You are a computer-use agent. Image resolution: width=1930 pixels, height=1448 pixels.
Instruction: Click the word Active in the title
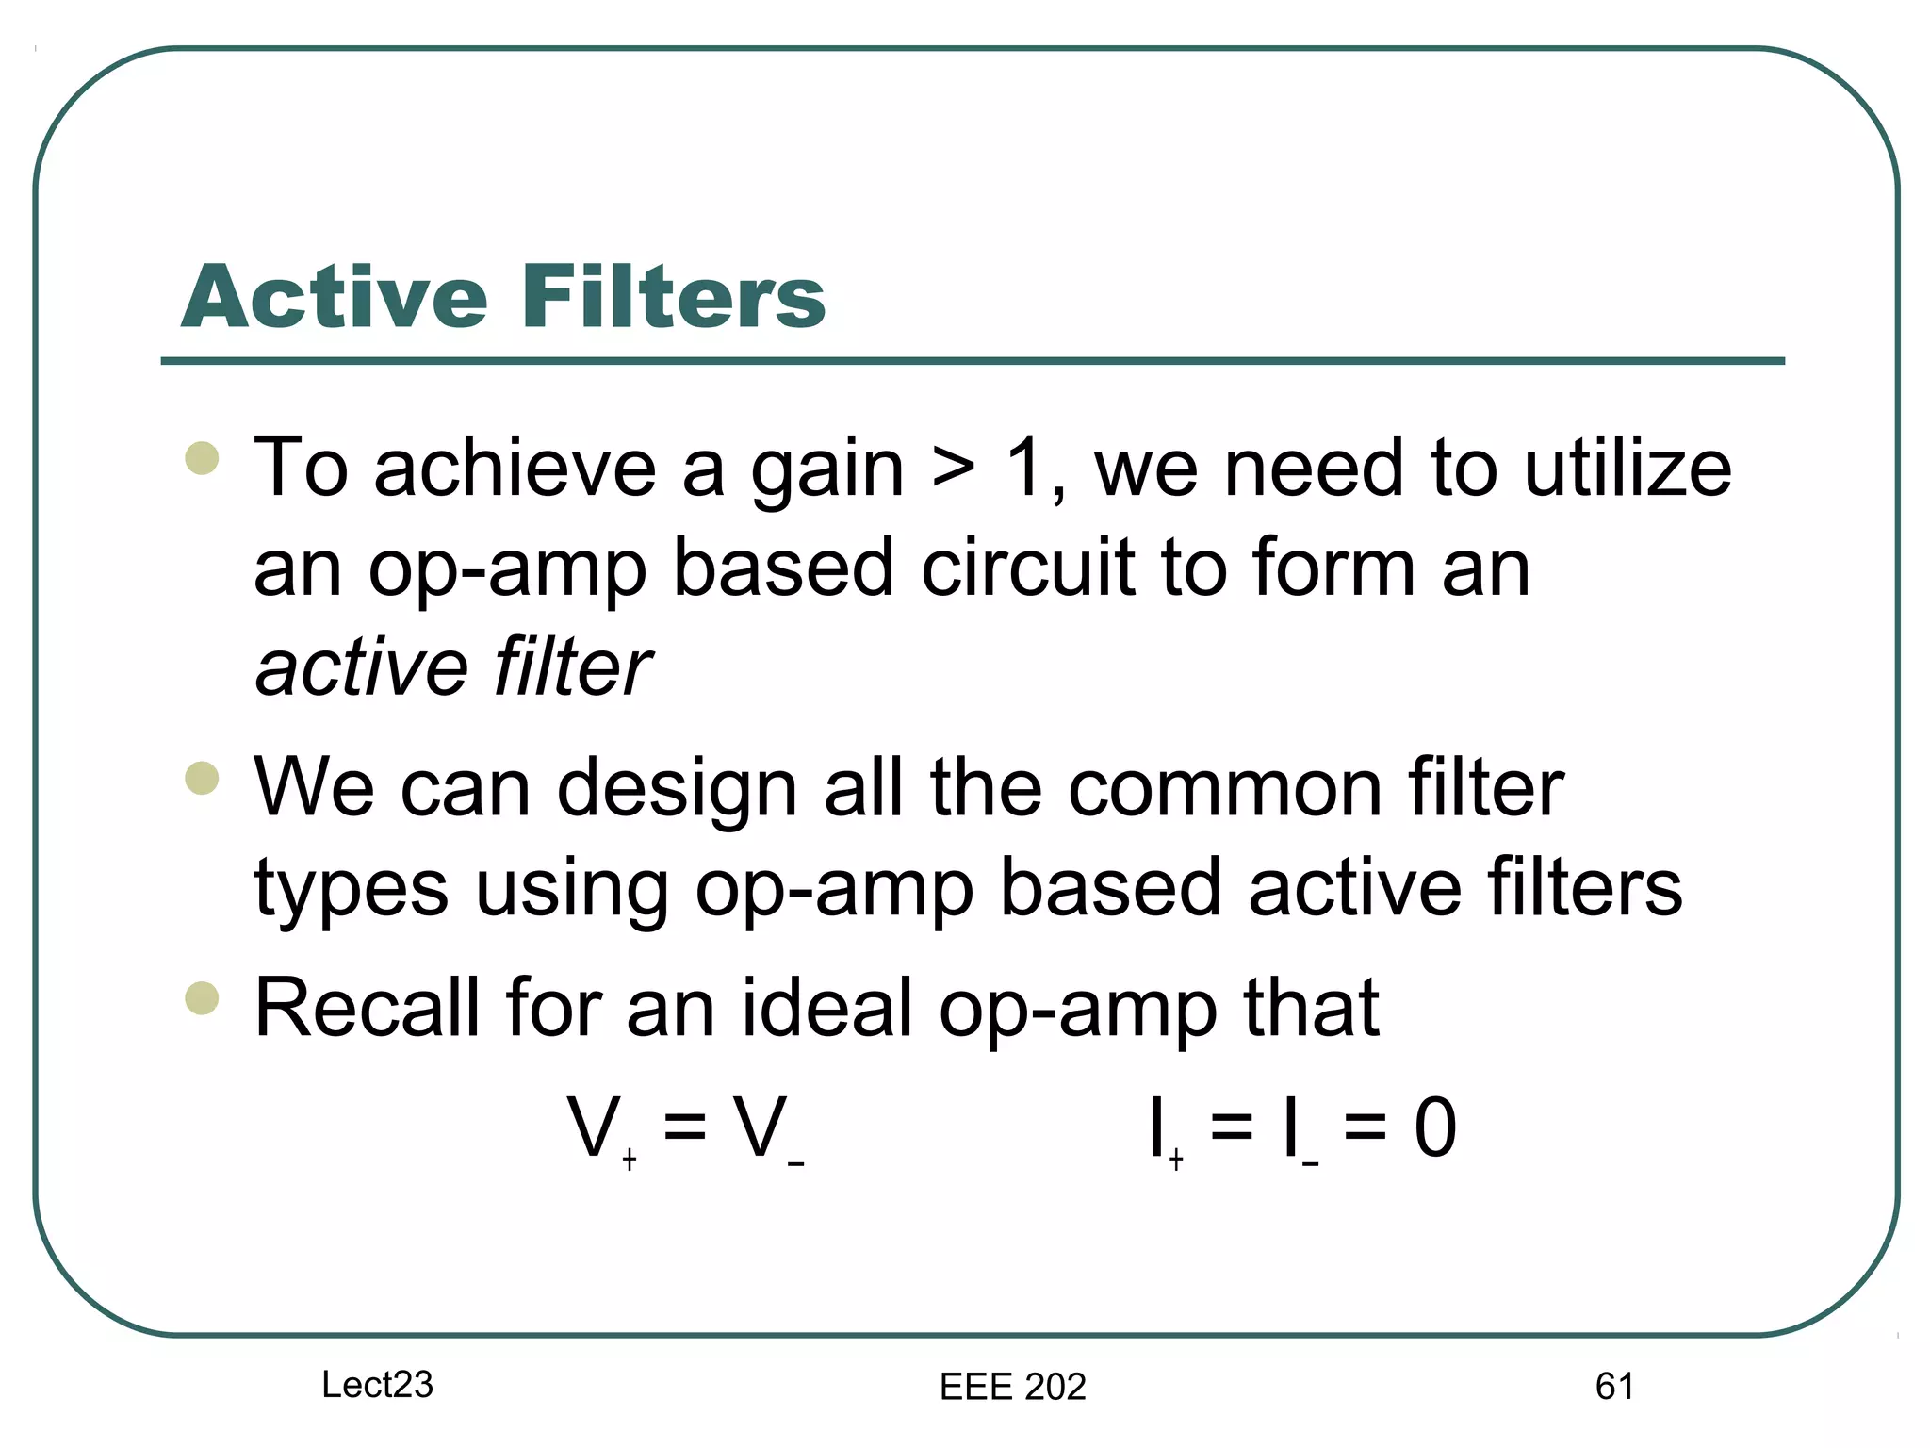click(x=335, y=297)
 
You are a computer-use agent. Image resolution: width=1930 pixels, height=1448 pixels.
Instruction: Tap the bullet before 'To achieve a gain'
click(x=203, y=459)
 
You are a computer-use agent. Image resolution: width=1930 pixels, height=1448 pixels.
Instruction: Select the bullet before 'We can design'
click(x=203, y=779)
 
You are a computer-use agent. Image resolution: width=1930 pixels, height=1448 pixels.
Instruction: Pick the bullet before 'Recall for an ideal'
click(x=203, y=998)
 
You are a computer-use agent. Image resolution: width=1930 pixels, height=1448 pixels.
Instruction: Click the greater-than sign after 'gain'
click(x=954, y=470)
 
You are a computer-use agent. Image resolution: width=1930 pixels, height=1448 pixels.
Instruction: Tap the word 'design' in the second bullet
click(x=677, y=790)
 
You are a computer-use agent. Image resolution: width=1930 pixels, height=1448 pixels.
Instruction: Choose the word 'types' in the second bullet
click(x=351, y=890)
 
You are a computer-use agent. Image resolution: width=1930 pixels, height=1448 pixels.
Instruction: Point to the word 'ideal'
click(x=826, y=1008)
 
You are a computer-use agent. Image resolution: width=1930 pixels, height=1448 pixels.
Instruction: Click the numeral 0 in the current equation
click(x=1434, y=1127)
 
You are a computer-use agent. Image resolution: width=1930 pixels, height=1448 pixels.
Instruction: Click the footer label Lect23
click(x=377, y=1385)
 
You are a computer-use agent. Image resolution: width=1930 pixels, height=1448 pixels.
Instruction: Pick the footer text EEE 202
click(x=1013, y=1387)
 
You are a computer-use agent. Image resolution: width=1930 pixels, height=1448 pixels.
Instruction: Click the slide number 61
click(x=1614, y=1387)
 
